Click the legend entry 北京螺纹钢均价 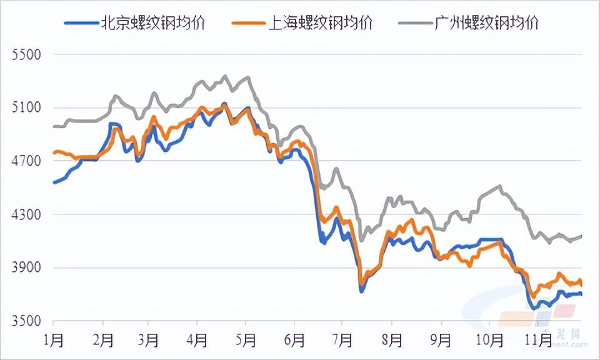[152, 24]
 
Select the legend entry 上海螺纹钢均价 [320, 24]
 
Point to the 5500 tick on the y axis [26, 54]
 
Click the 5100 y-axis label [26, 107]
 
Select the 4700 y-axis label [26, 161]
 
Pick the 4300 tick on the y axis [26, 215]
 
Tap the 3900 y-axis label [26, 268]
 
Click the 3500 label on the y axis [26, 322]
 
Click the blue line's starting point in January [54, 182]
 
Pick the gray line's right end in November [582, 236]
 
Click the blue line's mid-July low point [361, 291]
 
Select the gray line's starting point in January [54, 126]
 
